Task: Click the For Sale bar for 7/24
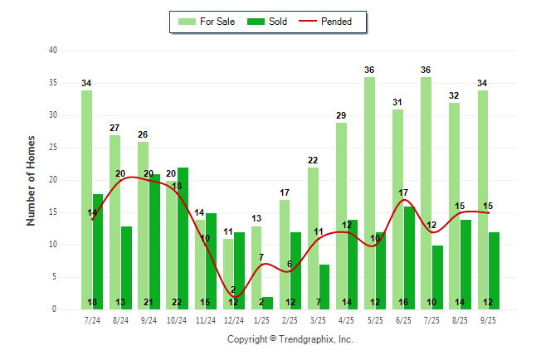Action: [x=86, y=199]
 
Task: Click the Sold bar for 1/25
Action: [x=267, y=303]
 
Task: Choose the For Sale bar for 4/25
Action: [x=341, y=216]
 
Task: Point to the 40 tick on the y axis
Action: [x=53, y=51]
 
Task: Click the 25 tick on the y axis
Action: [x=53, y=148]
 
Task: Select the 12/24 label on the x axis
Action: [x=233, y=319]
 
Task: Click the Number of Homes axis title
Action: [x=32, y=180]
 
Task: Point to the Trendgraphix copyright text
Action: [x=290, y=339]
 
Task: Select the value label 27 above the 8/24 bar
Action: [x=115, y=128]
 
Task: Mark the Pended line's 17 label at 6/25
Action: [x=403, y=192]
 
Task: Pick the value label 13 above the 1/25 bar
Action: [x=256, y=218]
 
